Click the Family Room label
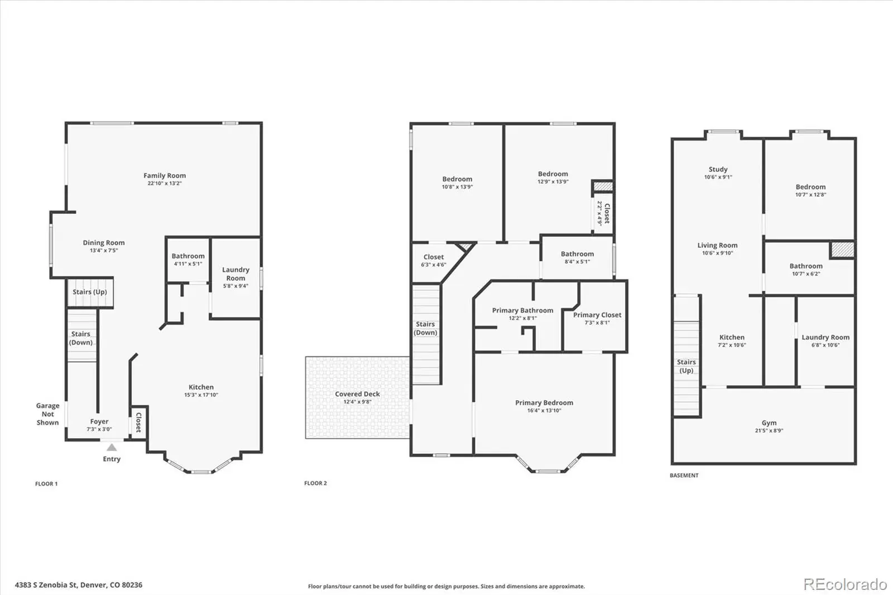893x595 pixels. [x=164, y=175]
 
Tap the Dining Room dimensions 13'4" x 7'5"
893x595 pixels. [x=104, y=251]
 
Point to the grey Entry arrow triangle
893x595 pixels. [x=112, y=448]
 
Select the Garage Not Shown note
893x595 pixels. [x=47, y=414]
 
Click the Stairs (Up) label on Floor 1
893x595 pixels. [x=90, y=292]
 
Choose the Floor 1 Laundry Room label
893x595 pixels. [x=236, y=274]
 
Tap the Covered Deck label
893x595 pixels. [x=357, y=394]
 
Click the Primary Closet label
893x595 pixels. [x=597, y=315]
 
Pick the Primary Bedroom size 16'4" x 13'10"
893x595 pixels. [x=544, y=410]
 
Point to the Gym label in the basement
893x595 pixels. [x=769, y=423]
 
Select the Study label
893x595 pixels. [x=718, y=170]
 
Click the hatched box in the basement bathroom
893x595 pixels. [x=842, y=249]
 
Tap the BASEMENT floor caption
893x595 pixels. [x=684, y=476]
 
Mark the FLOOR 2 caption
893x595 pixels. [x=315, y=483]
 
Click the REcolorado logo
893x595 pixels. [x=845, y=584]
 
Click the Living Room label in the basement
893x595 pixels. [x=717, y=245]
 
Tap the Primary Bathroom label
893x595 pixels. [x=522, y=310]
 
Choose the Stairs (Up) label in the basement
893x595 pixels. [x=686, y=366]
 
